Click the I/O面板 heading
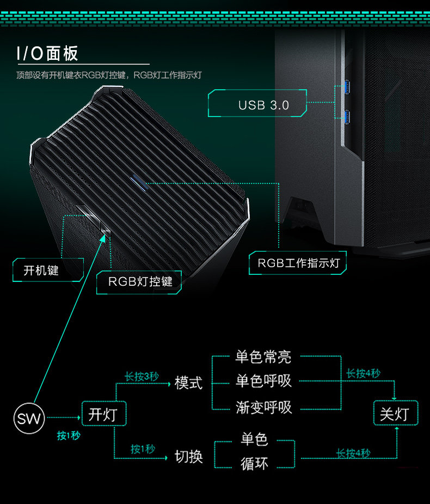tap(48, 53)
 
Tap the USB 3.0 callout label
tap(263, 105)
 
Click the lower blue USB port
tap(347, 115)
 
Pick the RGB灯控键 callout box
tap(140, 281)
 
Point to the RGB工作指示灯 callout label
tap(298, 263)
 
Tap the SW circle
tap(29, 419)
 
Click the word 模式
tap(188, 383)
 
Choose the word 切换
tap(188, 456)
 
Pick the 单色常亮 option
tap(263, 357)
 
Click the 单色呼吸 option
tap(263, 382)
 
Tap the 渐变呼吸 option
tap(263, 407)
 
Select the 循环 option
tap(254, 464)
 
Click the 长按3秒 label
tap(142, 377)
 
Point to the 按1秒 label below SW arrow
tap(68, 436)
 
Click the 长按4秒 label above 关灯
tap(363, 373)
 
